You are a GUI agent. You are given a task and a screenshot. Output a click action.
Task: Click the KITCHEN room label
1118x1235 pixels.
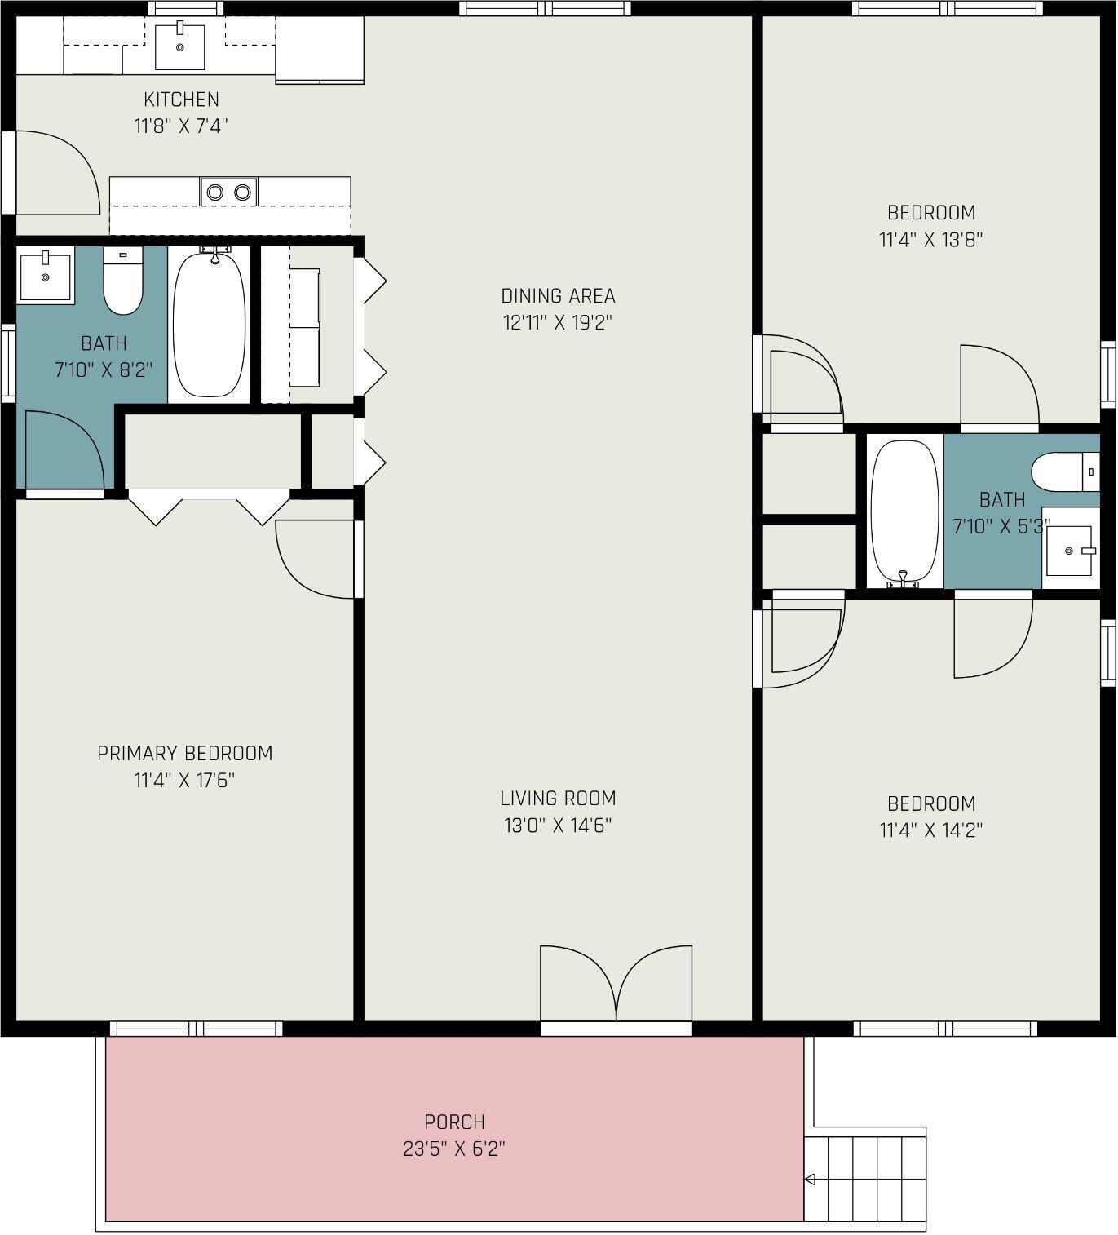(181, 100)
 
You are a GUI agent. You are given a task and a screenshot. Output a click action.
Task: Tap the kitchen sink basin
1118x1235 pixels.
(179, 46)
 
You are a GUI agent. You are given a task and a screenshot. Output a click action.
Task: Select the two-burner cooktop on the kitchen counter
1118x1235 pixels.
(228, 192)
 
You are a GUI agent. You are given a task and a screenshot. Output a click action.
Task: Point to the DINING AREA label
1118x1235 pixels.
(558, 296)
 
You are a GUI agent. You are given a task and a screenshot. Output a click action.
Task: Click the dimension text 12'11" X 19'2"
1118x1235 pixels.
(558, 322)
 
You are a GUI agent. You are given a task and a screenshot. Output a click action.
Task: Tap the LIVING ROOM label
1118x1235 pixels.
(558, 799)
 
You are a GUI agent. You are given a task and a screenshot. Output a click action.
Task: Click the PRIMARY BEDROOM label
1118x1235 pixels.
(184, 754)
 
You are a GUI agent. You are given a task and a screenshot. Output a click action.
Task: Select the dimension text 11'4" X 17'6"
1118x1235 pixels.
(184, 781)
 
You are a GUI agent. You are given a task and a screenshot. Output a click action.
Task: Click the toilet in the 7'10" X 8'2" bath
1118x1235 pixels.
(123, 280)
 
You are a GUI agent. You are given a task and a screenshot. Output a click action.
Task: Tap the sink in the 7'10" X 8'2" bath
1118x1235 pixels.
(46, 275)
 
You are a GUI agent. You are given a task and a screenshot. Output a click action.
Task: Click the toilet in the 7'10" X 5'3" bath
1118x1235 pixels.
(1066, 472)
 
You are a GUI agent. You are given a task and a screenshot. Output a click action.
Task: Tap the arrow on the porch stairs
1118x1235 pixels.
(811, 1180)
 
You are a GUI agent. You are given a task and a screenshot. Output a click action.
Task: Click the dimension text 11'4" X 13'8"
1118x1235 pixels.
(930, 240)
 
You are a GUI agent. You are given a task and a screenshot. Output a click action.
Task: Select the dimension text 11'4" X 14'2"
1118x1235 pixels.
(930, 830)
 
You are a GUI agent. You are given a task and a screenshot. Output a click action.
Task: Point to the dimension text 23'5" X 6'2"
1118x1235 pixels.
(454, 1149)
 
